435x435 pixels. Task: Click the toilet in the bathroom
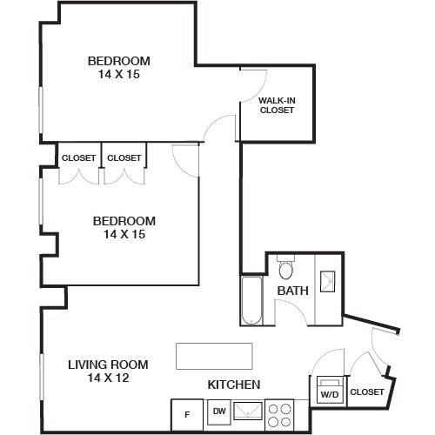tap(286, 267)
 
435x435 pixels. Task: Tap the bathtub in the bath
tap(252, 300)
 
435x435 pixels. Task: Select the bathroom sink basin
tap(327, 281)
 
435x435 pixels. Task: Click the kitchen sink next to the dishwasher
tap(248, 411)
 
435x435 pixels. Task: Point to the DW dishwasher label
tap(219, 411)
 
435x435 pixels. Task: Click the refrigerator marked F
tap(187, 415)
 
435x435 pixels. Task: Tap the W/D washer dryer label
tap(330, 395)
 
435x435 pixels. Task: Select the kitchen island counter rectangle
tap(214, 356)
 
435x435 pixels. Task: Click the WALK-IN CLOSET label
tap(277, 105)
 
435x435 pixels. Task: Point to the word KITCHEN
tap(234, 385)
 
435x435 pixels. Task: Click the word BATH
tap(293, 291)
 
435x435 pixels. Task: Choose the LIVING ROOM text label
tap(108, 365)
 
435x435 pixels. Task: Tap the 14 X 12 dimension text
tap(108, 378)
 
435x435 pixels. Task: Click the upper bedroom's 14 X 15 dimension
tap(119, 74)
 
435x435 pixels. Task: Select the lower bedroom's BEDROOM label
tap(124, 221)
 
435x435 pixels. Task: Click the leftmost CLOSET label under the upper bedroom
tap(78, 158)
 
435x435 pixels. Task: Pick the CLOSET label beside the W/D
tap(367, 392)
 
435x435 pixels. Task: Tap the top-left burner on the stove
tap(272, 409)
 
